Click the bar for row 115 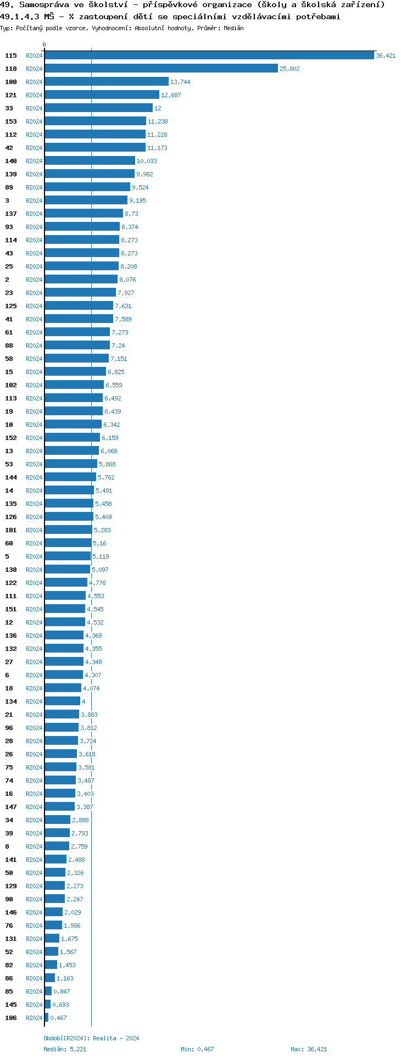coord(209,55)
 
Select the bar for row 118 coord(161,69)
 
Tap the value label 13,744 coord(180,82)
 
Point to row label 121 coord(11,95)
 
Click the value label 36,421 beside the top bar coord(386,55)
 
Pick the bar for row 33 coord(98,108)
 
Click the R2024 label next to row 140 coord(34,161)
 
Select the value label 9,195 coord(137,200)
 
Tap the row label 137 coord(11,214)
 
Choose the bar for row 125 coord(79,306)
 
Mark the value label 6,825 coord(116,372)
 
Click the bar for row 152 coord(72,438)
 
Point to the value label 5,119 coord(101,556)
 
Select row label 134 coord(11,701)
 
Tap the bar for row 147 coord(59,807)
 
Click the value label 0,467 coord(59,1018)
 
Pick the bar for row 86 coord(49,978)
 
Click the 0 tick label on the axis coord(44,45)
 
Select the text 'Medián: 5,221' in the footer coord(65,1049)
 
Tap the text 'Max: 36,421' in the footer coord(309,1049)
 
